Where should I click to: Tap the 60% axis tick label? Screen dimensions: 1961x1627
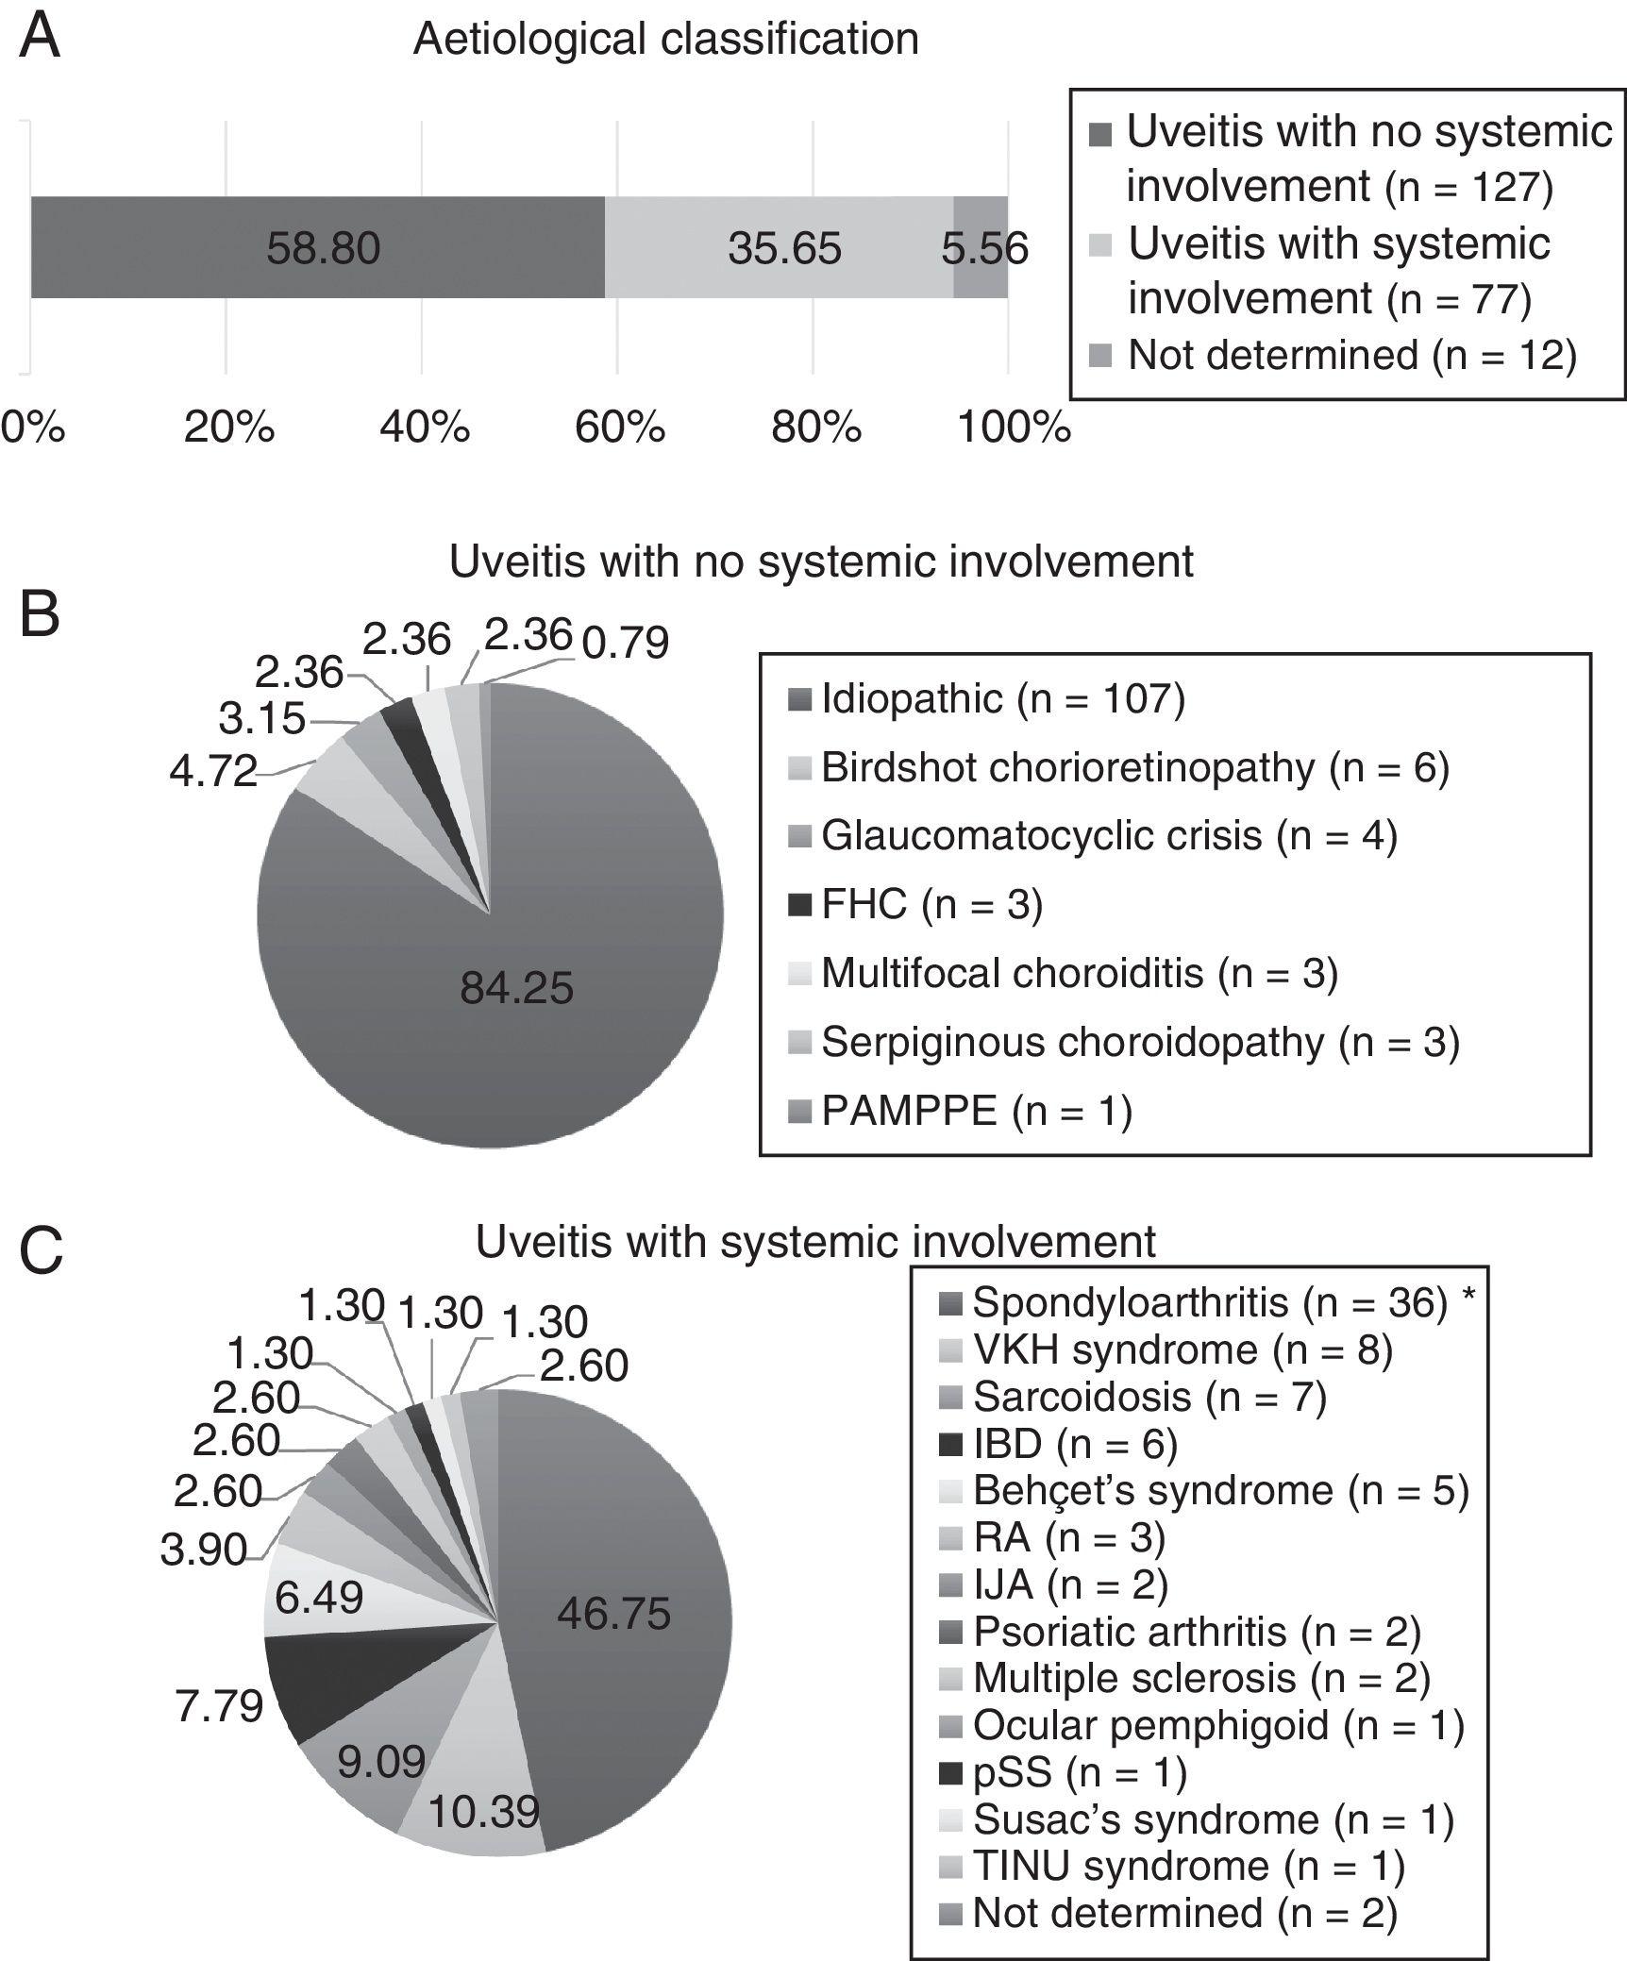coord(619,427)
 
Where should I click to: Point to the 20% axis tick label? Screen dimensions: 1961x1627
coord(228,427)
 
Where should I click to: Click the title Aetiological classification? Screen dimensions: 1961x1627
coord(665,40)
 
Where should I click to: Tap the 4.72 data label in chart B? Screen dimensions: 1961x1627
coord(213,772)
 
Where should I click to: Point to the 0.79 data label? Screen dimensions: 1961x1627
coord(625,643)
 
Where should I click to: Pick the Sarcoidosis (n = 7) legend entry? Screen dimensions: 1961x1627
coord(1149,1395)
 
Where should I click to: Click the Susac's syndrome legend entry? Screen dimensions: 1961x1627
coord(1212,1819)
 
